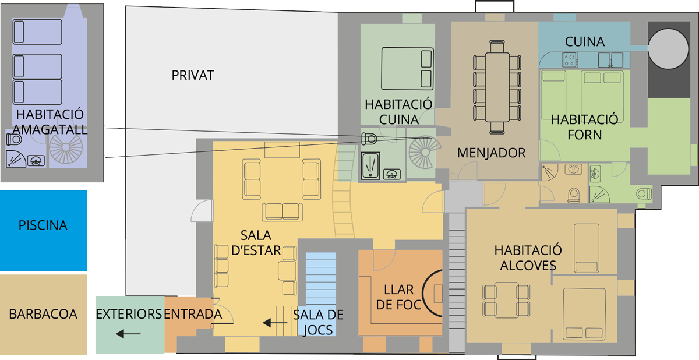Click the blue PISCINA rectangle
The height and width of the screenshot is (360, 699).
(43, 231)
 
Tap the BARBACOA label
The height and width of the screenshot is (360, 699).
(43, 314)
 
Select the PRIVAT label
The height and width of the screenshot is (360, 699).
(193, 75)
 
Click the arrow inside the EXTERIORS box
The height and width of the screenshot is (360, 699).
(128, 334)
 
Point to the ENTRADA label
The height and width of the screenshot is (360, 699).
(193, 314)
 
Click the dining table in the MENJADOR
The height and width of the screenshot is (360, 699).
(497, 87)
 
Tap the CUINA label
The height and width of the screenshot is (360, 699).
(585, 42)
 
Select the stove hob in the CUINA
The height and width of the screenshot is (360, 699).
(570, 59)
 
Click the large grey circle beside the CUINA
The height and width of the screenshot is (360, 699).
(668, 48)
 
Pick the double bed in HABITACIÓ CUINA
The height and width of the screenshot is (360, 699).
(407, 69)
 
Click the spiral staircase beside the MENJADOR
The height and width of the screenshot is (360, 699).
(425, 152)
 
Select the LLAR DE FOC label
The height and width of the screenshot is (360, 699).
(399, 297)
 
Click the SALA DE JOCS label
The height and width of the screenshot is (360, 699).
(318, 322)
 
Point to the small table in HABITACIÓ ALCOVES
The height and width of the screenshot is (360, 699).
(506, 300)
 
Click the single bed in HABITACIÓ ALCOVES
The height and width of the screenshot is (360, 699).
(587, 248)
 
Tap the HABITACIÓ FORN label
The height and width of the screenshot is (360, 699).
(584, 127)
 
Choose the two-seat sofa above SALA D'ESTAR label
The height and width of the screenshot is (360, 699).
(283, 212)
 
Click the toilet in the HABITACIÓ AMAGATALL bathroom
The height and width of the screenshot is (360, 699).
(14, 139)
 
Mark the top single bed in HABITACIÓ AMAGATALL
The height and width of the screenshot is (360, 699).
(37, 32)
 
